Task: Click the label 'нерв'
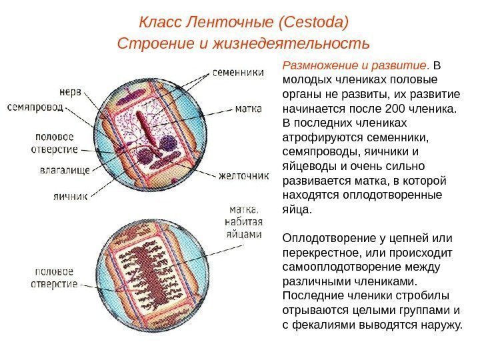click(x=70, y=92)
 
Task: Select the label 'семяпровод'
click(x=32, y=106)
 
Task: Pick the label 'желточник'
click(x=244, y=177)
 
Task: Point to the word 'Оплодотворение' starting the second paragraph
click(x=327, y=238)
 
